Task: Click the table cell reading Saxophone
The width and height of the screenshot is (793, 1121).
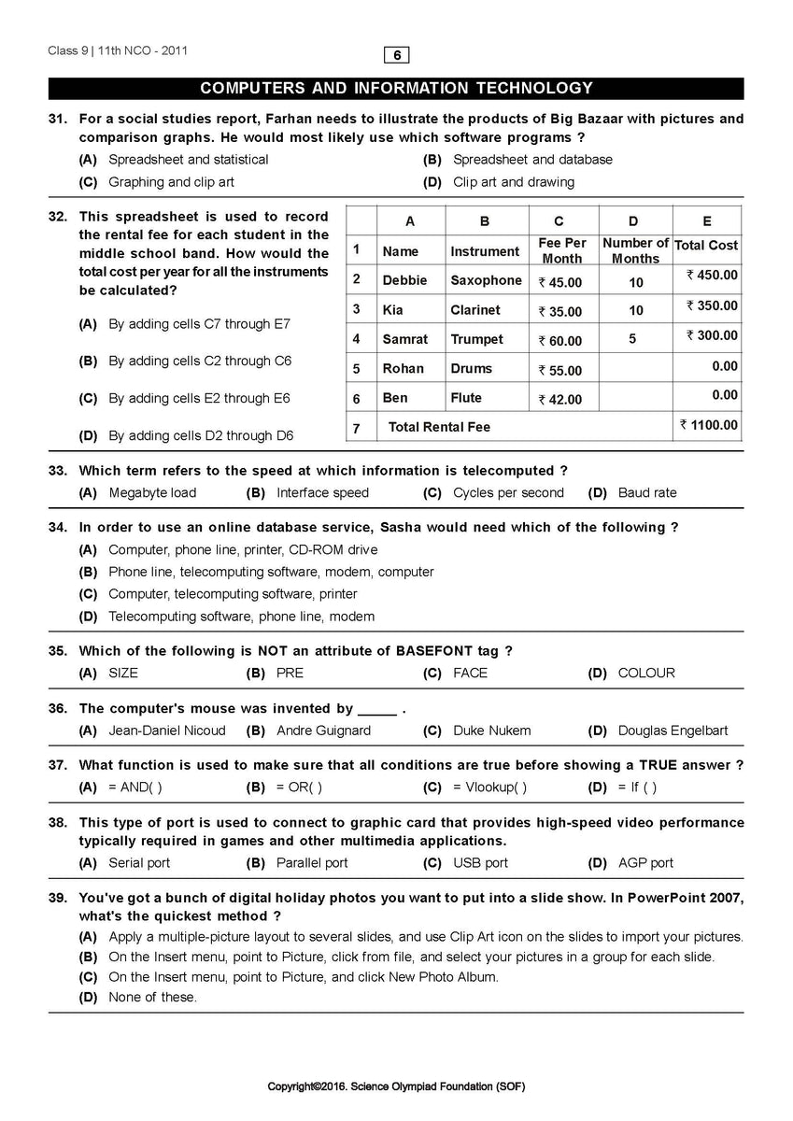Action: click(x=486, y=280)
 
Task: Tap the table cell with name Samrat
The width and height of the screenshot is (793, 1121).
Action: click(x=404, y=339)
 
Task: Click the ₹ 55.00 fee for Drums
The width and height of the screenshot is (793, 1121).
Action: click(x=559, y=370)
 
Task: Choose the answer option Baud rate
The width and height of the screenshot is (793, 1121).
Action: click(x=647, y=492)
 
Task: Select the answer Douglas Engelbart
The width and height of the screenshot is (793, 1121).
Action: click(x=673, y=731)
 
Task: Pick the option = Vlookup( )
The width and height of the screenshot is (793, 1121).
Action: click(x=489, y=788)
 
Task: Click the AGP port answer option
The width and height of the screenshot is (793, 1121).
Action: click(x=645, y=863)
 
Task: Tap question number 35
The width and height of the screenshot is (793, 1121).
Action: click(x=58, y=650)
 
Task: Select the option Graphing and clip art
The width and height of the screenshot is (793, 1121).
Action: click(x=171, y=182)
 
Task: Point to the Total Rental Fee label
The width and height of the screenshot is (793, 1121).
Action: click(x=439, y=427)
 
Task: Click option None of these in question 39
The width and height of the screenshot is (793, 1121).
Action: click(x=152, y=997)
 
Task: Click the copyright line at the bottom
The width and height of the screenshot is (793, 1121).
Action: click(x=396, y=1086)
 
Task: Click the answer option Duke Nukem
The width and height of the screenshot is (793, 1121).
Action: click(x=491, y=731)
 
